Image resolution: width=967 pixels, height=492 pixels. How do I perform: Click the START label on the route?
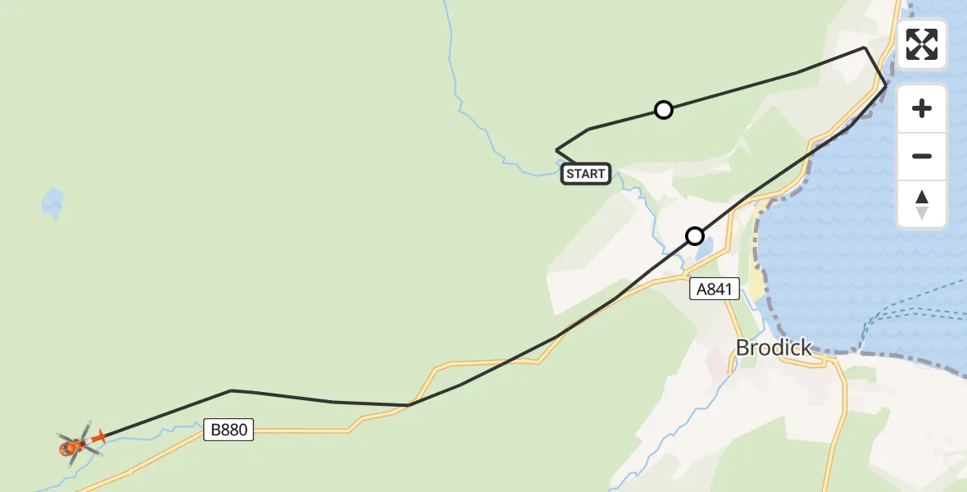click(x=585, y=173)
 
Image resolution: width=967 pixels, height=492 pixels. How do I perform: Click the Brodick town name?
click(x=774, y=348)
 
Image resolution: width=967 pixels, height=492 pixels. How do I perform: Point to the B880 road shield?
click(x=229, y=430)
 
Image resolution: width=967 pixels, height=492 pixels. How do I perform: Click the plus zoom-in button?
click(x=922, y=108)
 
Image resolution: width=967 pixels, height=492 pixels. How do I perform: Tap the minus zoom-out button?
click(x=922, y=156)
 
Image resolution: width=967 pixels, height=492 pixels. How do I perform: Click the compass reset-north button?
click(x=922, y=204)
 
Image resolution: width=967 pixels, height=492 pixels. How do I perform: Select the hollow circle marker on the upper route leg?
click(x=664, y=110)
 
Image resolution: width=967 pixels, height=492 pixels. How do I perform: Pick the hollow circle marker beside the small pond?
click(x=695, y=236)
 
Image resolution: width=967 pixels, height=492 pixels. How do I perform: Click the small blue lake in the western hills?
click(x=52, y=203)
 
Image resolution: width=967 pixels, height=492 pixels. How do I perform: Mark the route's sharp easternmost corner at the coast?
click(x=886, y=84)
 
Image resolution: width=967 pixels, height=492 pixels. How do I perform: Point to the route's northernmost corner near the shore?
click(x=865, y=48)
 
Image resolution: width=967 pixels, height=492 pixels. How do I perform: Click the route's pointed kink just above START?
click(x=557, y=150)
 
